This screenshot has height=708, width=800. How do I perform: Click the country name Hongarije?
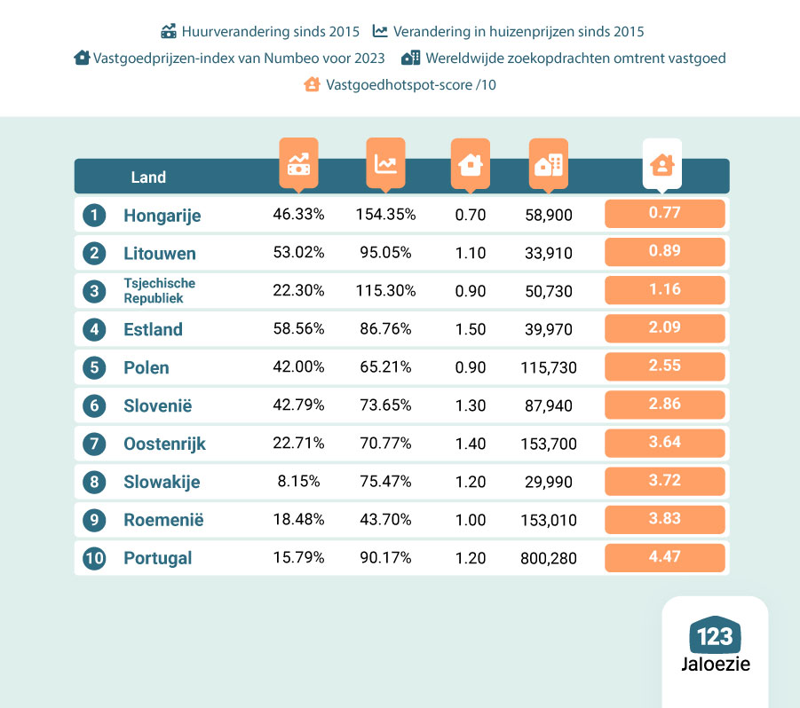pyautogui.click(x=162, y=215)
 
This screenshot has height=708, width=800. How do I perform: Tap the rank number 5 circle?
pyautogui.click(x=93, y=367)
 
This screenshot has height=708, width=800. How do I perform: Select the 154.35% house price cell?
pyautogui.click(x=385, y=215)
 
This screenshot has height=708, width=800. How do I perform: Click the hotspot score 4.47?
pyautogui.click(x=664, y=557)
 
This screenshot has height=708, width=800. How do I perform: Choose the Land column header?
pyautogui.click(x=148, y=177)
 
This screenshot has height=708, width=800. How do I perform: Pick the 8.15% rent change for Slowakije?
pyautogui.click(x=298, y=482)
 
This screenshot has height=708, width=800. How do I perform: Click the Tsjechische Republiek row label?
pyautogui.click(x=160, y=291)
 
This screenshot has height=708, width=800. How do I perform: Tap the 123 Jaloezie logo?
pyautogui.click(x=715, y=646)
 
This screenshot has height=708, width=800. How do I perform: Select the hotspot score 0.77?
pyautogui.click(x=664, y=213)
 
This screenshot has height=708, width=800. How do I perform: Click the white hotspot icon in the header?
pyautogui.click(x=662, y=164)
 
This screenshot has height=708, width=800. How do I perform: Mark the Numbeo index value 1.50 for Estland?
pyautogui.click(x=470, y=329)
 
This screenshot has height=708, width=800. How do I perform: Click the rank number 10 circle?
pyautogui.click(x=93, y=558)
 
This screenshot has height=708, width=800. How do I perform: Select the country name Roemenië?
pyautogui.click(x=163, y=520)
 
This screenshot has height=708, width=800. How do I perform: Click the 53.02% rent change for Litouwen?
pyautogui.click(x=298, y=253)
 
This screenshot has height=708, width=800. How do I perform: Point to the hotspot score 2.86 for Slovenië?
pyautogui.click(x=664, y=405)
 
